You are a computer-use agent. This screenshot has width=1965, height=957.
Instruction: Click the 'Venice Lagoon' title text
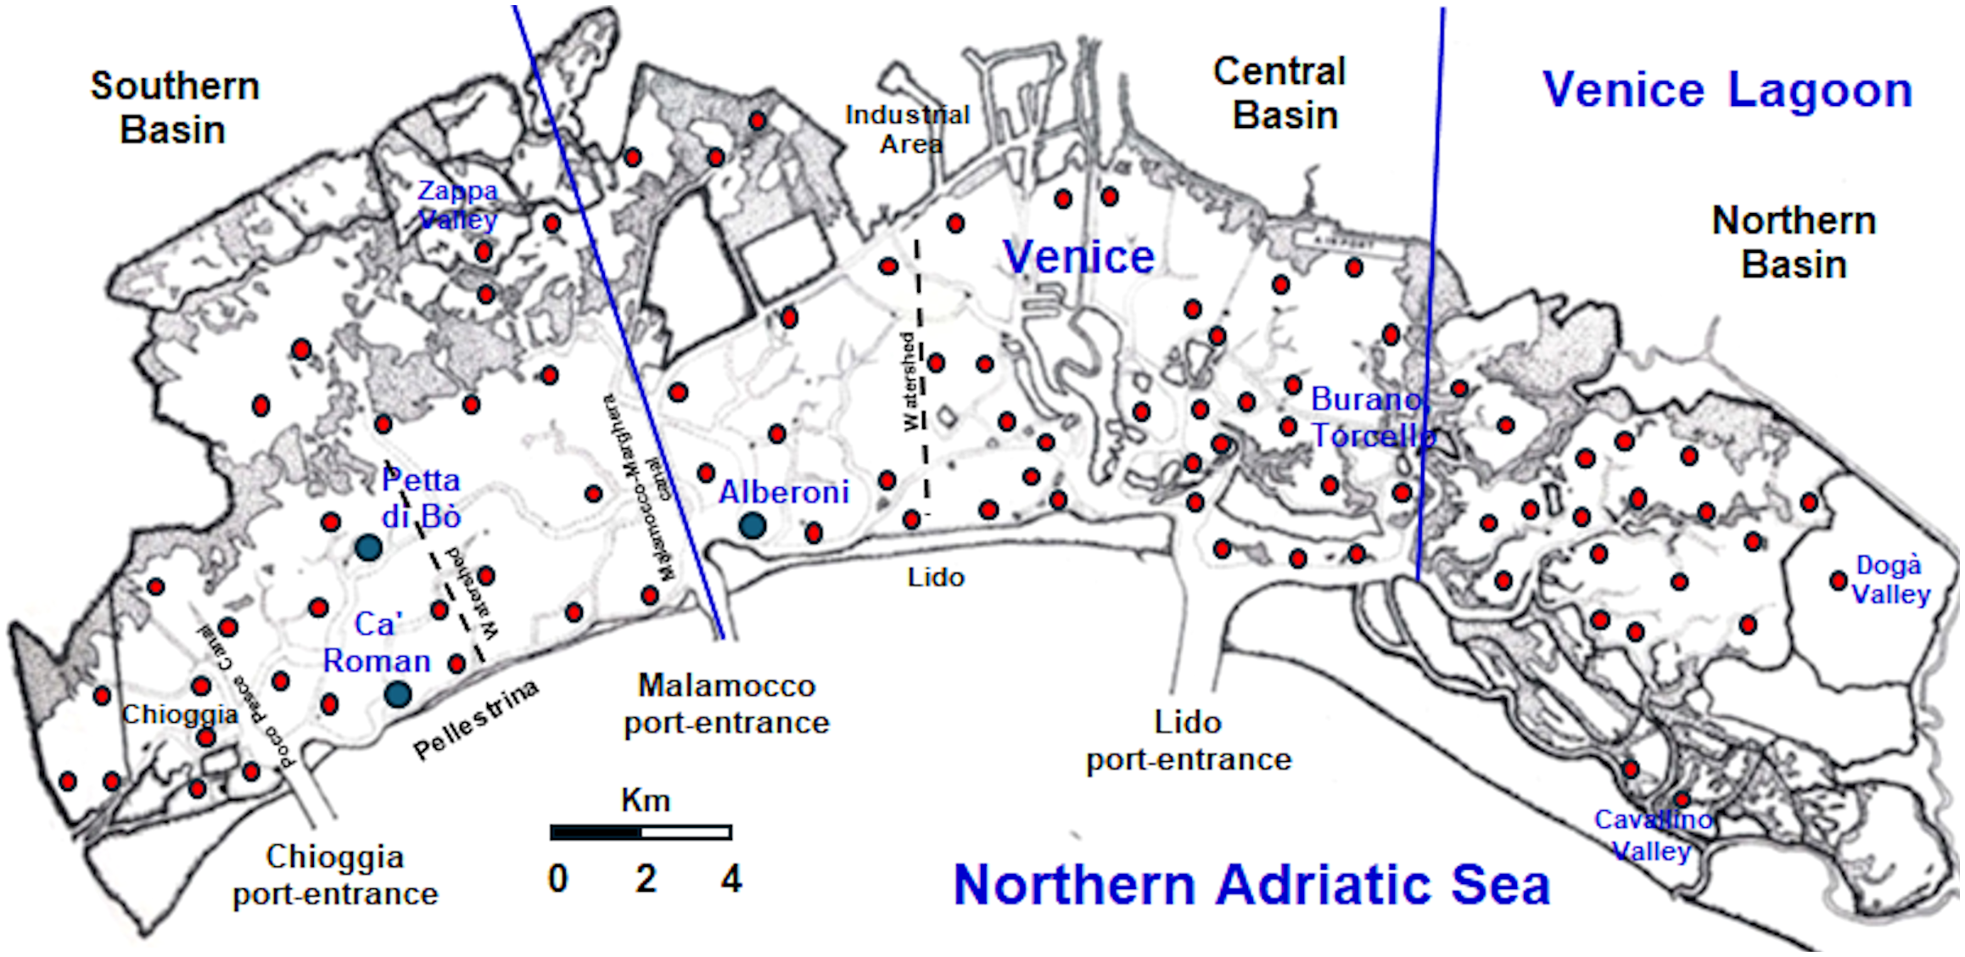(1727, 90)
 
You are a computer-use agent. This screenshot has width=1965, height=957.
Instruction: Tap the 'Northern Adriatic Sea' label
(1251, 885)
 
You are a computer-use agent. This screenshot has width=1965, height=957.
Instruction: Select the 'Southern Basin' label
(174, 108)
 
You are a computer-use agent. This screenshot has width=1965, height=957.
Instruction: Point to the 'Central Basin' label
(1281, 93)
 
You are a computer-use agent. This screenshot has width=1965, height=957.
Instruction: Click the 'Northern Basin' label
(1794, 243)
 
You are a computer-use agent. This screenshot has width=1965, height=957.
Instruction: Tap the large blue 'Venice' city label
(1078, 256)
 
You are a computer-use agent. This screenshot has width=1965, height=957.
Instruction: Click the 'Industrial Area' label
(908, 129)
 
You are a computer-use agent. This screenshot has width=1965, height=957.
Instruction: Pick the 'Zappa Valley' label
(458, 205)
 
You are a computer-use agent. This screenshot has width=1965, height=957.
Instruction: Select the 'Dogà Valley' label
(1890, 579)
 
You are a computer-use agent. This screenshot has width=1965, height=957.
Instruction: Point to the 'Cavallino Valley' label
(1653, 835)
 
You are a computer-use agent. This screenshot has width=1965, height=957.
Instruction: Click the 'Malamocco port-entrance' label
(726, 703)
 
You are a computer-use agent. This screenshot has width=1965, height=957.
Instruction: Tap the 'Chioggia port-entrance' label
(335, 875)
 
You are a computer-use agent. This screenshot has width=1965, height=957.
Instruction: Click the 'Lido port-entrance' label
(1189, 741)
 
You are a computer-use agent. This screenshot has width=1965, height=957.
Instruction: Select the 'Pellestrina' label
(476, 719)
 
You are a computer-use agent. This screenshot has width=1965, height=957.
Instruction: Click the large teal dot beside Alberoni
(753, 525)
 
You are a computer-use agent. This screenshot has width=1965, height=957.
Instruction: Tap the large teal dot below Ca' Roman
(398, 695)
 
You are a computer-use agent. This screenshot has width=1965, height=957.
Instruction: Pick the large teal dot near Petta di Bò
(368, 547)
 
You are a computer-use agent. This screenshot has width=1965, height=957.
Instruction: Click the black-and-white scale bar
(641, 832)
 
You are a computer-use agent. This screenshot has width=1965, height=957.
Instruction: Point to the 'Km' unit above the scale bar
(646, 800)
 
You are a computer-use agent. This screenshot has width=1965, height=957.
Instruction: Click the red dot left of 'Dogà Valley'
(1838, 581)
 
